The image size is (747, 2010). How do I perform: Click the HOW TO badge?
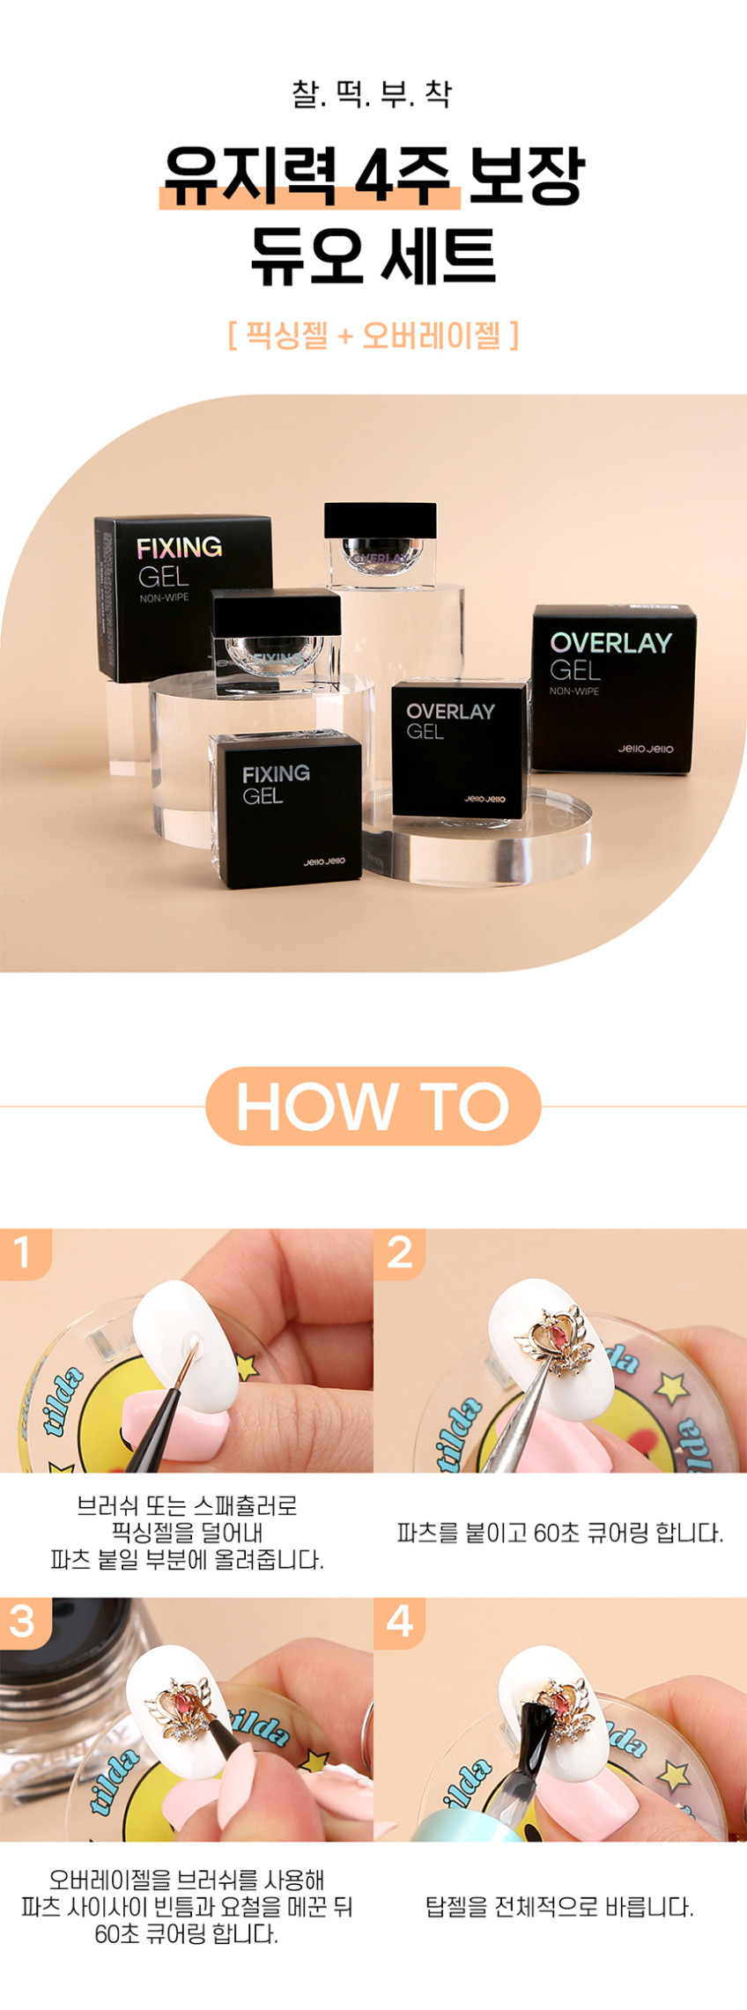[x=373, y=1106]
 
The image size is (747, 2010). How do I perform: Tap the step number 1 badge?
[x=24, y=1253]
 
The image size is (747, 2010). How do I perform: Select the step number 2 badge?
[x=399, y=1253]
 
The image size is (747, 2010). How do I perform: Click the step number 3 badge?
[x=24, y=1621]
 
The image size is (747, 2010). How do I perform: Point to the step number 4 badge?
[x=399, y=1621]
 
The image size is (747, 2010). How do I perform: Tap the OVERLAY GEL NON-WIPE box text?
[x=610, y=662]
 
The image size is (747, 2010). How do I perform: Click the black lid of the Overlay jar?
[x=380, y=520]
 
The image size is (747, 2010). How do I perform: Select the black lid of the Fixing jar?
[x=277, y=609]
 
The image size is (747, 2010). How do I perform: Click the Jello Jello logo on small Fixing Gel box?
[x=324, y=861]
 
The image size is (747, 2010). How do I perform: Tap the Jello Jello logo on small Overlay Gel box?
[x=485, y=799]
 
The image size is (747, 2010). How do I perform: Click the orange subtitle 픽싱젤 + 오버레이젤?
[x=373, y=335]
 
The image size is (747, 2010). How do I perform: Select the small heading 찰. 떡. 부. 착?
[x=373, y=94]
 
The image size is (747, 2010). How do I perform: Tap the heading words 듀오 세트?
[x=373, y=256]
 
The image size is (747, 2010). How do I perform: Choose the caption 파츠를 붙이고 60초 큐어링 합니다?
[x=560, y=1533]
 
